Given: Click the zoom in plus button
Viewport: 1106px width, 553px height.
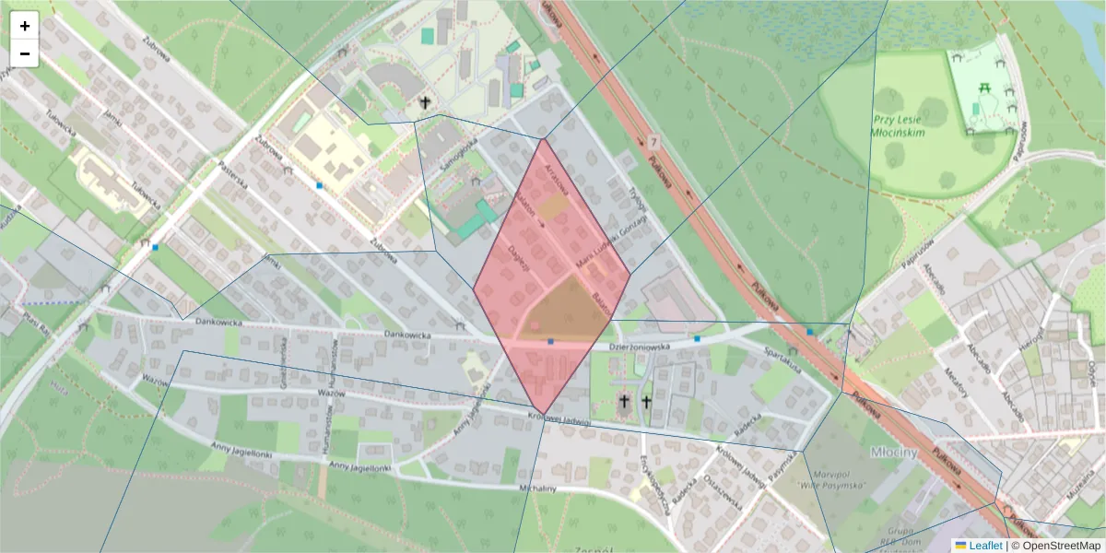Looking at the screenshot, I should pyautogui.click(x=25, y=26).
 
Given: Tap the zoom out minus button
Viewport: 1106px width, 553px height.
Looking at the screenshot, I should pyautogui.click(x=25, y=53).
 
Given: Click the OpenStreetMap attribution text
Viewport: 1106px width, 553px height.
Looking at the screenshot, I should pyautogui.click(x=1059, y=546).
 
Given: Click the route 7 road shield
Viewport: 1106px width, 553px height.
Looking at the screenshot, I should pyautogui.click(x=653, y=143).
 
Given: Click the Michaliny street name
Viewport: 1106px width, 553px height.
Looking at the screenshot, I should pyautogui.click(x=538, y=488).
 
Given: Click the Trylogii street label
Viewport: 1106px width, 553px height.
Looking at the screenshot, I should pyautogui.click(x=637, y=202).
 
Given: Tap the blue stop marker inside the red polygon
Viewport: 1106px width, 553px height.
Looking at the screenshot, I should pyautogui.click(x=550, y=342).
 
